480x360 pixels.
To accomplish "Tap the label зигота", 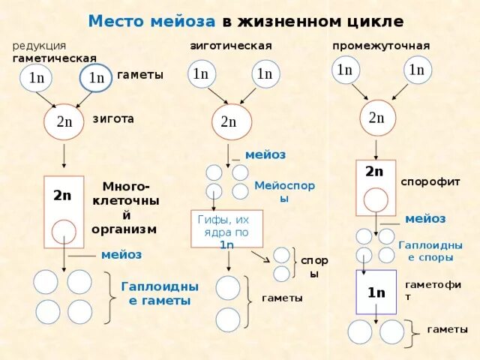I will [113, 118].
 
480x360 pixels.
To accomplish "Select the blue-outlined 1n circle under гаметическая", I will [96, 77].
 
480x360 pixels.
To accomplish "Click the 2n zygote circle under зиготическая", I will [229, 121].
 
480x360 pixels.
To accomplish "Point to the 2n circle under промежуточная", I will [376, 118].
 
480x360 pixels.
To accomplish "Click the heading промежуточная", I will [381, 46].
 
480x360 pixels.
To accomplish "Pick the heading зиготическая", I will [230, 46].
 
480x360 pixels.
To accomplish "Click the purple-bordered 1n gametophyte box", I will [376, 292].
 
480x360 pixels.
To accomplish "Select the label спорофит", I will [430, 181].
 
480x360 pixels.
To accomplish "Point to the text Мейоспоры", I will [283, 191].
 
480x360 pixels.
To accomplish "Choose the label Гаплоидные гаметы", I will [160, 293].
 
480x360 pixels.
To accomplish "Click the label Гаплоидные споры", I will [430, 250].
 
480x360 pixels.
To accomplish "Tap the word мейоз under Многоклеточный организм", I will [121, 254].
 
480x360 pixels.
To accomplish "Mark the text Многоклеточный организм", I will [124, 207].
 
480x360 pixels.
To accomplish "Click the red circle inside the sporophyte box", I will [376, 200].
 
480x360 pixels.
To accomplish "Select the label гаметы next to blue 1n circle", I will [140, 75].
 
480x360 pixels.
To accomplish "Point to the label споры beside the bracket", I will [314, 267].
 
